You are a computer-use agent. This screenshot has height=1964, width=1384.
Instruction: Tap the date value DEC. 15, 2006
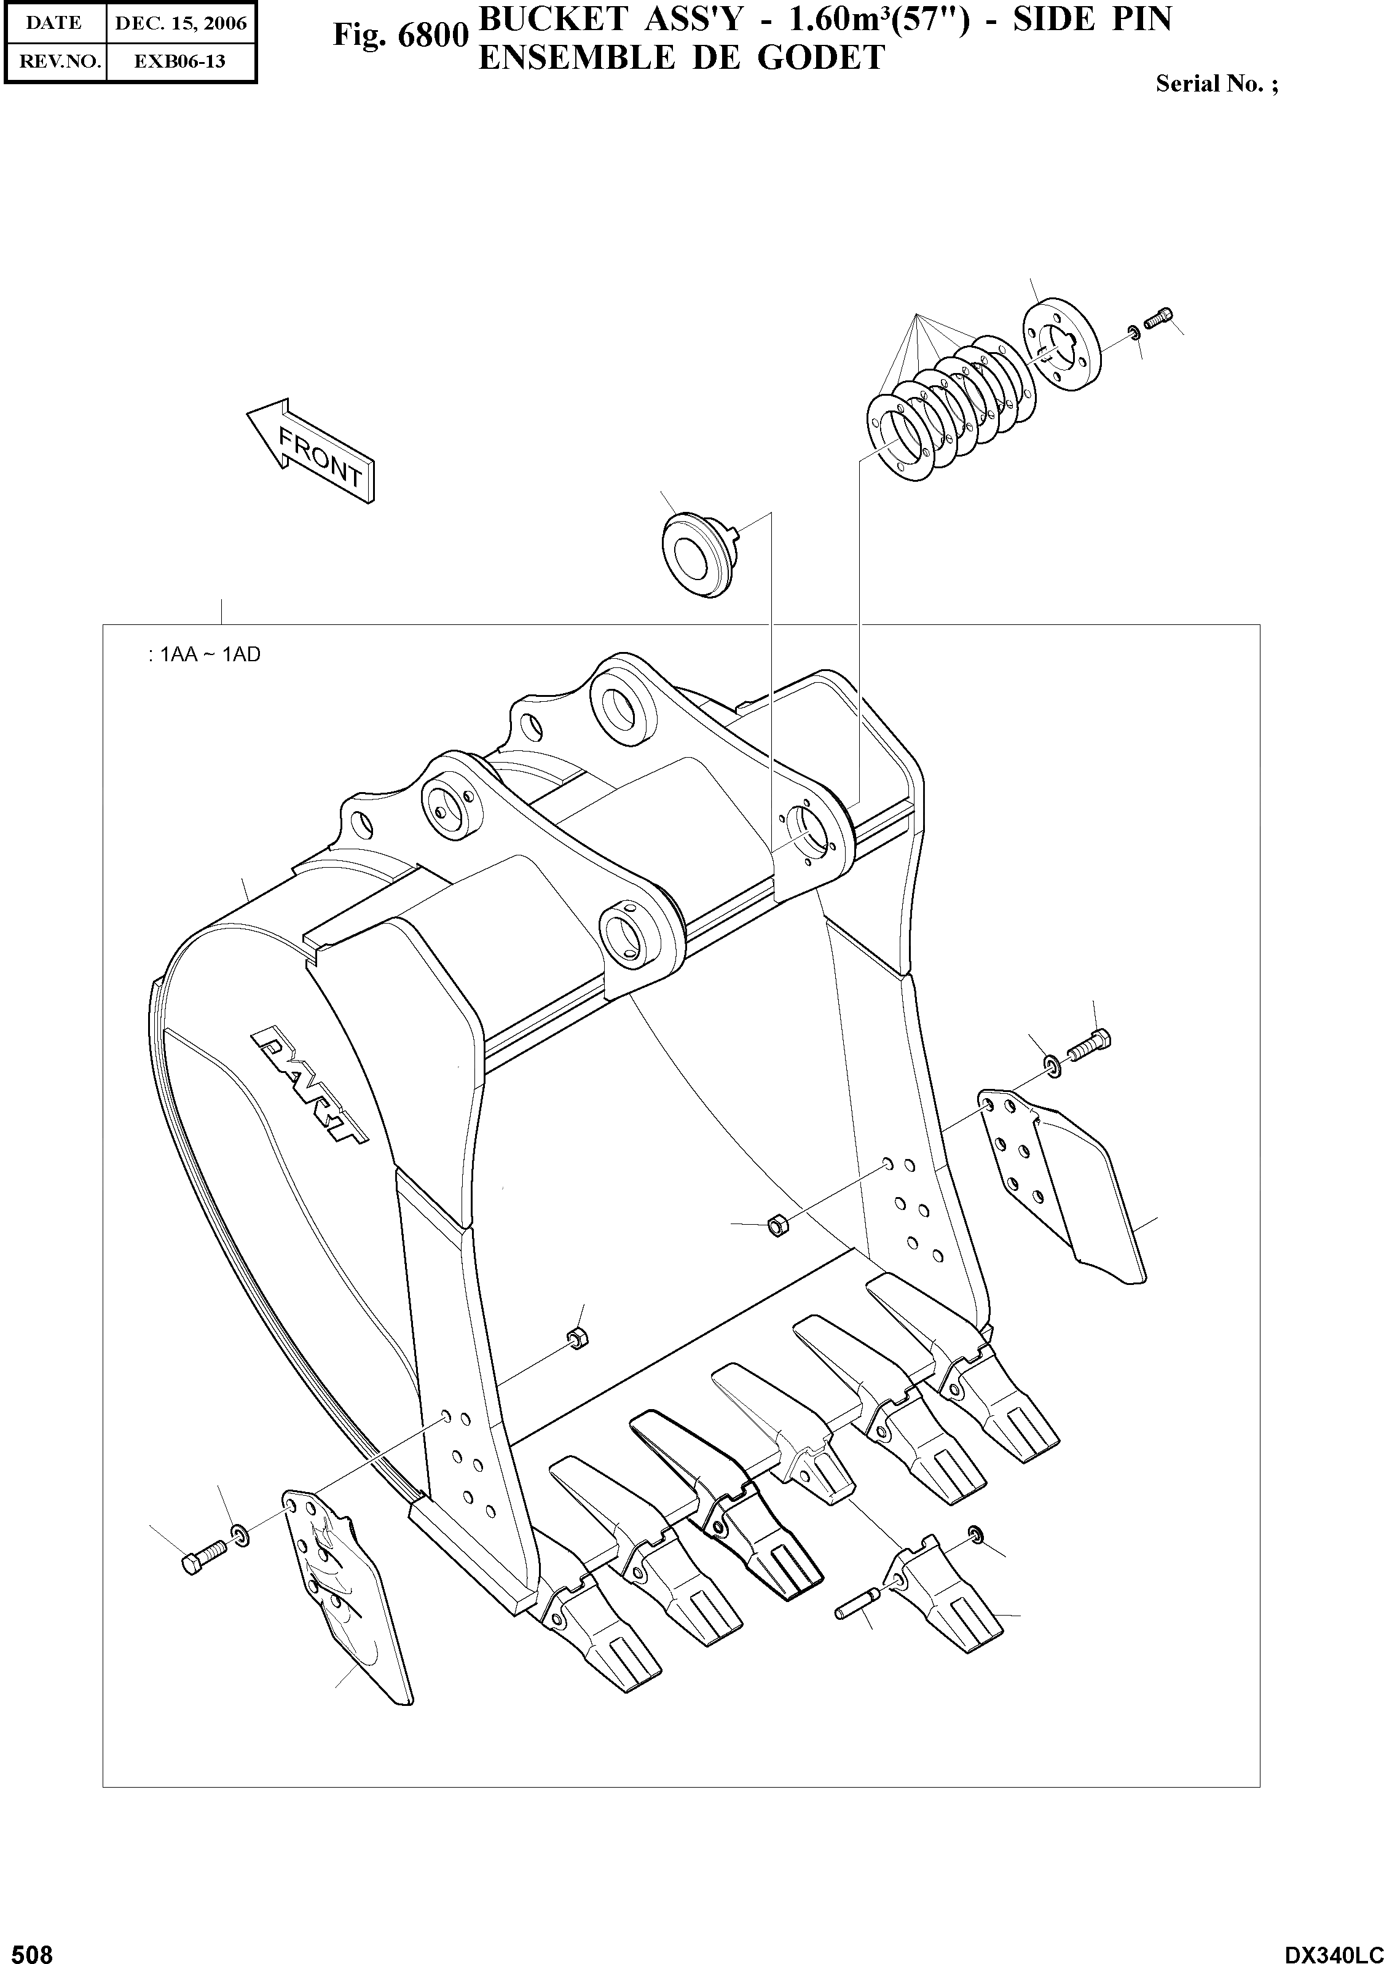click(x=181, y=23)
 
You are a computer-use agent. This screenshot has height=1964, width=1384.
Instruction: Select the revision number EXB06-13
click(x=181, y=61)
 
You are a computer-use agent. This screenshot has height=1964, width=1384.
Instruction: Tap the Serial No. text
click(x=1216, y=84)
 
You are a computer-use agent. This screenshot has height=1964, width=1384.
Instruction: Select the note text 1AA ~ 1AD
click(x=205, y=655)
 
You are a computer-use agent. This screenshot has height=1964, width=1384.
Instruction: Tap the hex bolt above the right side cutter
click(x=1087, y=1045)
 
